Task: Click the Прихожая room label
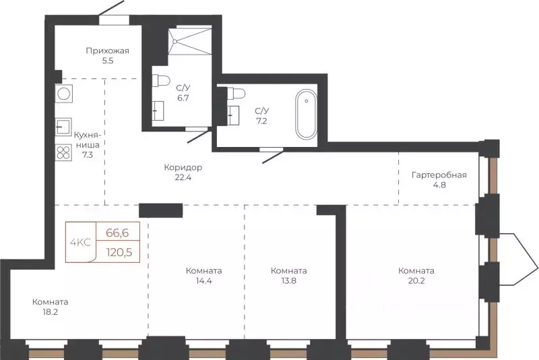point(108,51)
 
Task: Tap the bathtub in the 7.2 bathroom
point(307,115)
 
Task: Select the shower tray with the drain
point(189,42)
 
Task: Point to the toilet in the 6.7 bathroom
point(161,80)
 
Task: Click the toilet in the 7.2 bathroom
point(236,93)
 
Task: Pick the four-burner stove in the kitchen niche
point(63,152)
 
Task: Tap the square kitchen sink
point(63,127)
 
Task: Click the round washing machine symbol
point(64,94)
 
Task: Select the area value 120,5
point(119,252)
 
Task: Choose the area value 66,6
point(117,233)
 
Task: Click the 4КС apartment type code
point(80,243)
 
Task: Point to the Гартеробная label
point(439,175)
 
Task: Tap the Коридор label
point(183,167)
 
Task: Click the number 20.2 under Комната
point(416,280)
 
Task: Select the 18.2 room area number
point(50,312)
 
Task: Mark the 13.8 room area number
point(289,280)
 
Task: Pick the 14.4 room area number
point(204,280)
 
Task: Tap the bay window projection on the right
point(518,260)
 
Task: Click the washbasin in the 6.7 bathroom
point(158,111)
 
